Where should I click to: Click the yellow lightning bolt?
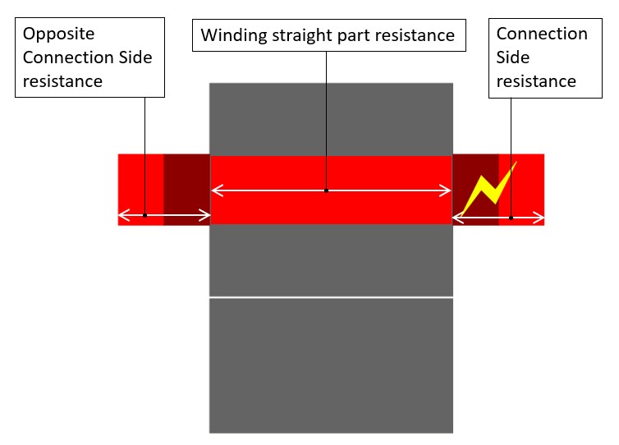[x=490, y=188]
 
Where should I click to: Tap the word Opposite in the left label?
[x=58, y=34]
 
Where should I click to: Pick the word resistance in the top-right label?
[x=536, y=81]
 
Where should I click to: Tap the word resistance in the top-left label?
[x=62, y=81]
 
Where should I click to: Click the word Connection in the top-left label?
[x=68, y=57]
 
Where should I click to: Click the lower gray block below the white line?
[x=331, y=365]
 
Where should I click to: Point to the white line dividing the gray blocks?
[x=331, y=297]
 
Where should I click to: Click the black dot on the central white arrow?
[x=326, y=190]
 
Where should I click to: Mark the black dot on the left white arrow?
[x=144, y=217]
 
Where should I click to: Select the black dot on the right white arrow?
[x=511, y=218]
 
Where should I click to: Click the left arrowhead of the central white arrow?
[x=215, y=190]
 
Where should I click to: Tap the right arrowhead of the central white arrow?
[x=448, y=190]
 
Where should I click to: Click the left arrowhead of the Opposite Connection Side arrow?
[x=122, y=217]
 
